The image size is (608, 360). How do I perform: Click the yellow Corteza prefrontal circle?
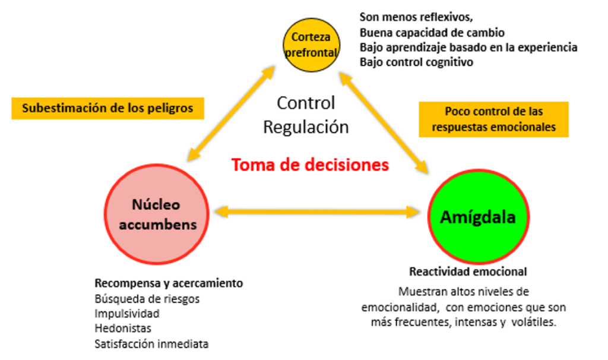[x=311, y=44]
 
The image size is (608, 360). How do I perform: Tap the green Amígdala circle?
[x=477, y=217]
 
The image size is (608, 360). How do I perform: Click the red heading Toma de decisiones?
[x=310, y=165]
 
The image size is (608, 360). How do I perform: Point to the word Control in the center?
[x=306, y=103]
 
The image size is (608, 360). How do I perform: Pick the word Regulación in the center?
[x=306, y=127]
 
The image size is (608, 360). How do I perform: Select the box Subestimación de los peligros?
[x=107, y=108]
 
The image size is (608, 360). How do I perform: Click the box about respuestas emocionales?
[x=493, y=119]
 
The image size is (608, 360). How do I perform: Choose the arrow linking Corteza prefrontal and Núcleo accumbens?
[x=230, y=115]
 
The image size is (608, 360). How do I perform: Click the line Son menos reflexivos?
[x=416, y=17]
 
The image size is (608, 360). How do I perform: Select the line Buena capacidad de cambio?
[x=432, y=32]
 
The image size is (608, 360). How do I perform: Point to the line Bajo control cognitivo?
[x=416, y=62]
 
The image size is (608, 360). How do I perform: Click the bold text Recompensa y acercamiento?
[x=169, y=283]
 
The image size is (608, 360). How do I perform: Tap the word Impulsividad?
[x=127, y=313]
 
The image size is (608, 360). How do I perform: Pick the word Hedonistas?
[x=123, y=328]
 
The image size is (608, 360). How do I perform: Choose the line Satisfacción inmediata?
[x=151, y=343]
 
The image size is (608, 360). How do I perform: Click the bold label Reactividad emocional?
[x=468, y=271]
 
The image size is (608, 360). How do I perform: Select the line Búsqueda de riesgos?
[x=147, y=298]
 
